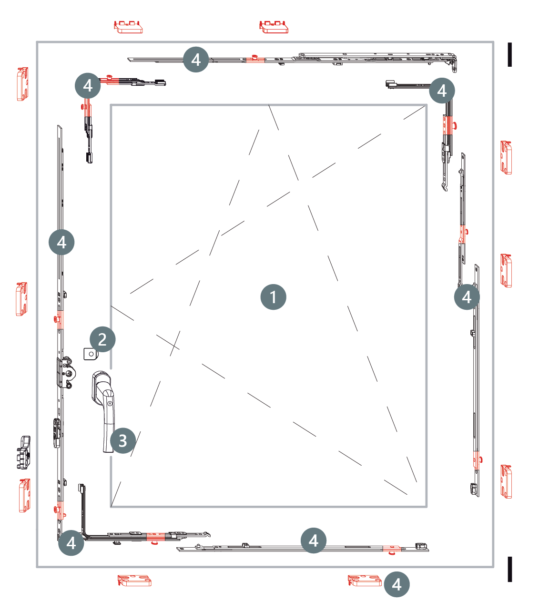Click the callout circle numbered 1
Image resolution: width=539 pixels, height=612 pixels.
pos(273,296)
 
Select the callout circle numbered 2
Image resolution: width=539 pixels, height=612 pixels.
pos(102,339)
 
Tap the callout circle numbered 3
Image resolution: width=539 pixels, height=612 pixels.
pos(122,440)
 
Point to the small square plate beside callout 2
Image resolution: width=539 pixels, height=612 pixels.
pos(91,354)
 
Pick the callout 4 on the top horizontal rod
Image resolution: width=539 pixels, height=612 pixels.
pos(196,59)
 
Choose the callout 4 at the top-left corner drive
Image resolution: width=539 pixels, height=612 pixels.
pos(88,85)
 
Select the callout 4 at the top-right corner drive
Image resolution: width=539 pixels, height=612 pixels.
pos(442,90)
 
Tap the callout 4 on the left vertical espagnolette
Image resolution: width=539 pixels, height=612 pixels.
pos(61,242)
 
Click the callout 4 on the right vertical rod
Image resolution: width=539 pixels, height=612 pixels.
pos(467,296)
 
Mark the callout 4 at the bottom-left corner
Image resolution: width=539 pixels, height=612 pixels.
pos(71,543)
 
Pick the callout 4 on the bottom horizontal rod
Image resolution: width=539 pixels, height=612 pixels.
pos(313,541)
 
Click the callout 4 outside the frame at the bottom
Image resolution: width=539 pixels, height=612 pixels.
pos(397,584)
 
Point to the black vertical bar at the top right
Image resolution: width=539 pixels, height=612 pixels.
pos(510,54)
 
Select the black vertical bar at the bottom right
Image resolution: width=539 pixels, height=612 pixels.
pos(510,569)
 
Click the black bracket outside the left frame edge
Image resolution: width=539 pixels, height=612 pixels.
pos(23,452)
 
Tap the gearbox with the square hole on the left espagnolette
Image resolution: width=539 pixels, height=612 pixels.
pos(66,372)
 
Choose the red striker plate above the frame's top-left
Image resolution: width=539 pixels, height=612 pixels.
pos(128,27)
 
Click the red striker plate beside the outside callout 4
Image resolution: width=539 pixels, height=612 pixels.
pos(365,580)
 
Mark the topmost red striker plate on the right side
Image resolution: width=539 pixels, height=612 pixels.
pos(506,157)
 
